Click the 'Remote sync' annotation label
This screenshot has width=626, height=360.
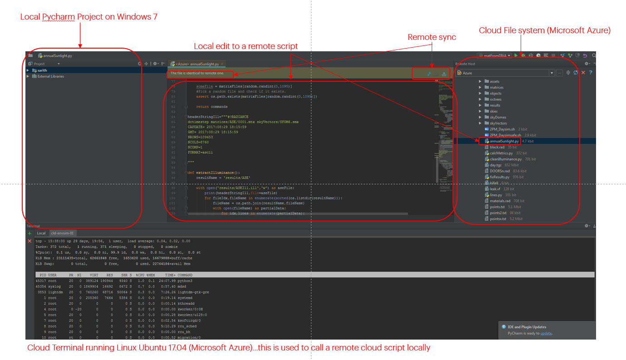432,37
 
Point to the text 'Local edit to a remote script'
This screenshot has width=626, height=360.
246,46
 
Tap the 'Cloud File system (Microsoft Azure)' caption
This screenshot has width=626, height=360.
544,30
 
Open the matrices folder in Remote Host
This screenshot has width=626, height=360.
496,87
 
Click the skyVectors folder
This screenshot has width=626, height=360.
498,123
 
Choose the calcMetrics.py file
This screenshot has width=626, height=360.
501,153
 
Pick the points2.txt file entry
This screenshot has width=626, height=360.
498,212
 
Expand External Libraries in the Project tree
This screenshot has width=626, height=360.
50,76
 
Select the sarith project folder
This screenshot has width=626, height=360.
42,70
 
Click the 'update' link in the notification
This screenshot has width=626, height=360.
546,333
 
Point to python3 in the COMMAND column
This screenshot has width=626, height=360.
185,281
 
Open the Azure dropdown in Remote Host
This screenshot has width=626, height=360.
552,73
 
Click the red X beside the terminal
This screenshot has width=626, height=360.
30,241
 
